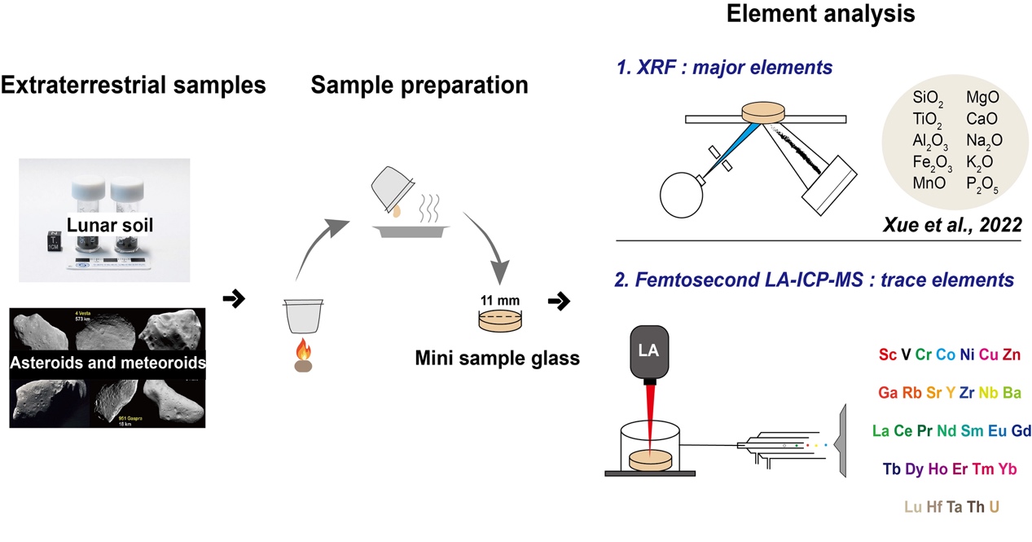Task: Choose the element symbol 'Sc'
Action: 888,355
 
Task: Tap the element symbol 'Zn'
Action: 1010,355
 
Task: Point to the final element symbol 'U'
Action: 994,507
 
